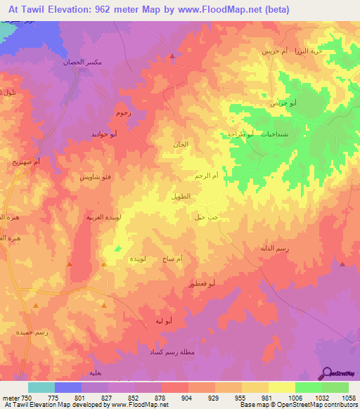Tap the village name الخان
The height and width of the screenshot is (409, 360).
click(x=181, y=144)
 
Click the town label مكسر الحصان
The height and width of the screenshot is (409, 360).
click(x=89, y=63)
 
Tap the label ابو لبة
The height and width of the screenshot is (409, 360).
click(x=164, y=320)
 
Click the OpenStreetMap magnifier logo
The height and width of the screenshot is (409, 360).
click(x=326, y=372)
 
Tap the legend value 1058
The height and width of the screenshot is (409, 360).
click(x=348, y=397)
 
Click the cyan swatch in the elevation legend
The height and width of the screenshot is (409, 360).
click(x=41, y=387)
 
